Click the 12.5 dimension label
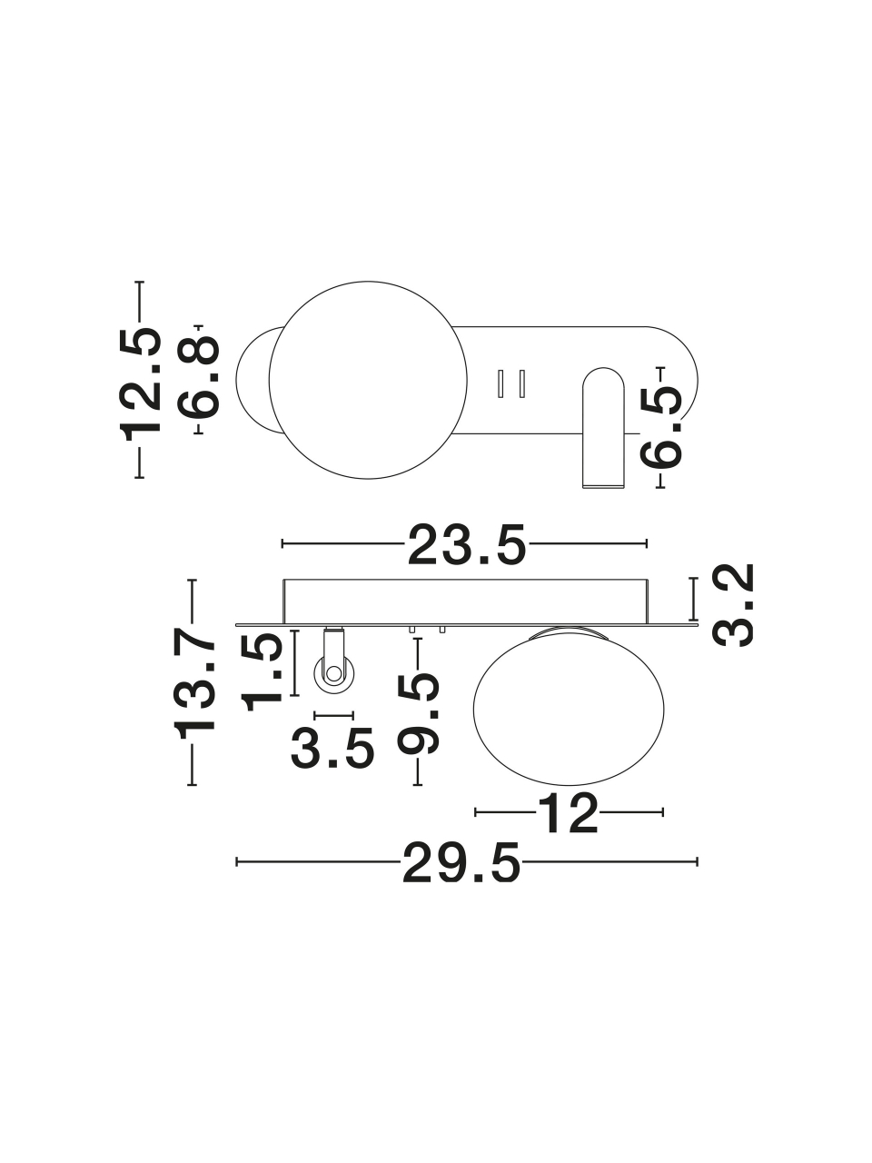(x=141, y=380)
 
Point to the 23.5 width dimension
(x=468, y=543)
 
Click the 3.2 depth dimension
(x=733, y=605)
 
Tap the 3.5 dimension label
(x=332, y=748)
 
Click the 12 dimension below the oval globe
(x=569, y=827)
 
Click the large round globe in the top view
(x=368, y=380)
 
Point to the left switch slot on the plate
(x=500, y=383)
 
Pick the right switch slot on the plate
(x=521, y=383)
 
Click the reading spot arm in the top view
(x=603, y=427)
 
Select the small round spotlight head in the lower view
(x=334, y=674)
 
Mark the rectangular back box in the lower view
(x=466, y=601)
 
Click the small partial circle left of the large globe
(x=255, y=380)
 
